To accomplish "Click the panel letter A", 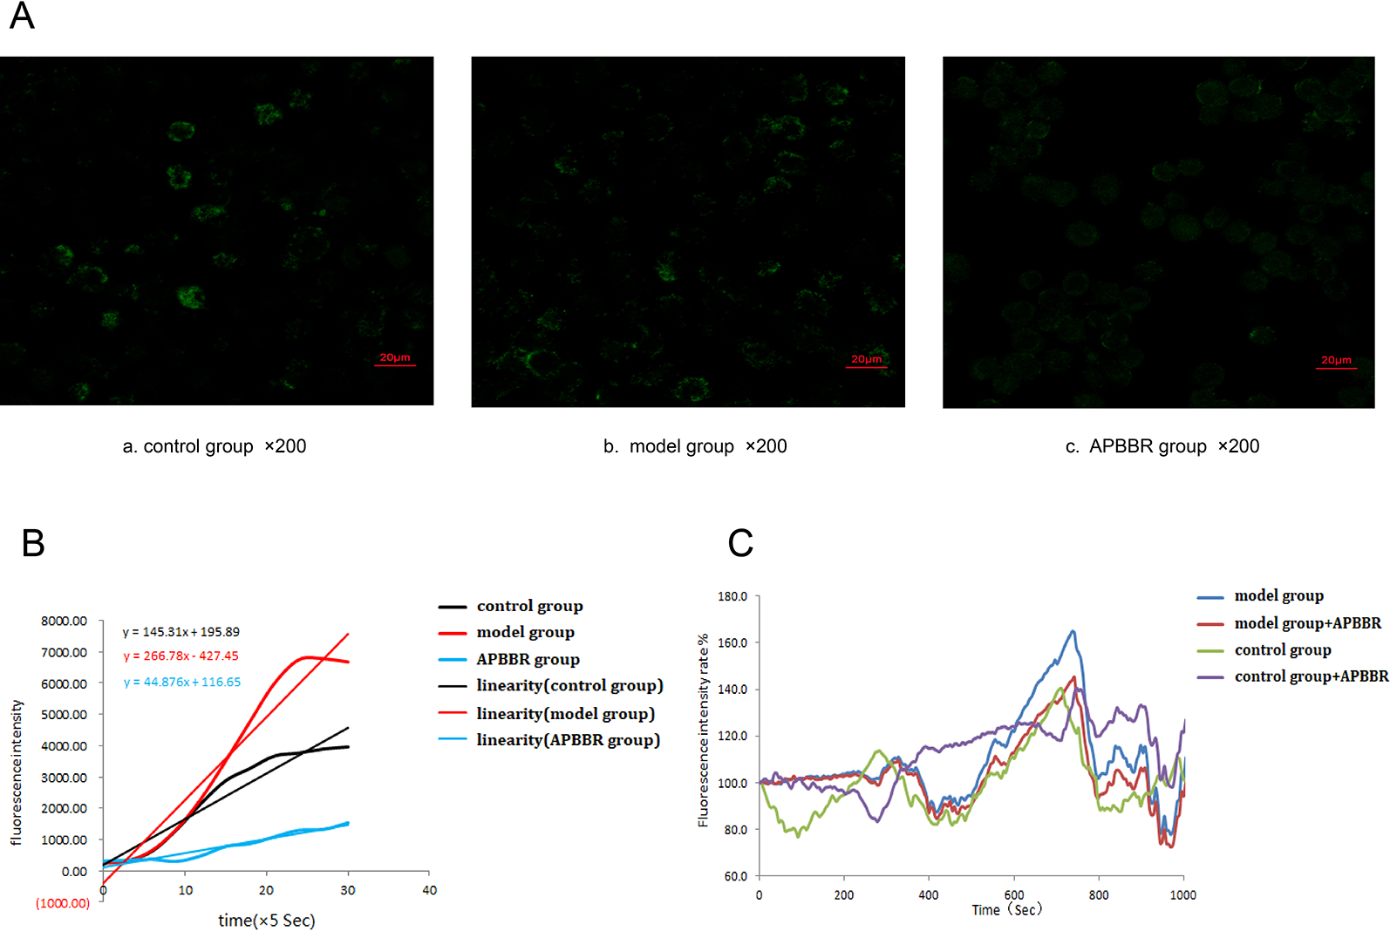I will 22,16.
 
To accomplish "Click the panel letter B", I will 33,543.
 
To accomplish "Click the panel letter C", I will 740,543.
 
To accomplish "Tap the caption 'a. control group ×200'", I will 215,446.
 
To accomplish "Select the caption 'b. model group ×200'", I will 695,446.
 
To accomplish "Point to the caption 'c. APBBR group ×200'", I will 1162,446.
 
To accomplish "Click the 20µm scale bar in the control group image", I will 395,360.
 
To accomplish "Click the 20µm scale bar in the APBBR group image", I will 1336,363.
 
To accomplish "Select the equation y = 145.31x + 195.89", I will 181,632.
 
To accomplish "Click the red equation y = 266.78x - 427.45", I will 181,656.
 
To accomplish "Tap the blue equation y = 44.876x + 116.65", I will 182,682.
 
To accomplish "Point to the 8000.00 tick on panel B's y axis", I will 65,621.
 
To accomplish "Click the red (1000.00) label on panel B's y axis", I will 63,903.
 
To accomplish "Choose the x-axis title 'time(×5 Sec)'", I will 267,921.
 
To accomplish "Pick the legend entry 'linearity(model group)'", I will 565,713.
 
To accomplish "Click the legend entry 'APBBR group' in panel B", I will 528,659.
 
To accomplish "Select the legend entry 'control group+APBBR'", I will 1311,676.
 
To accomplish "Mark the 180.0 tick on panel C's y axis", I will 732,596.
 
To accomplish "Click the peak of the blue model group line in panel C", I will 1073,631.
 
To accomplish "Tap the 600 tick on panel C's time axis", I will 1014,895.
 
